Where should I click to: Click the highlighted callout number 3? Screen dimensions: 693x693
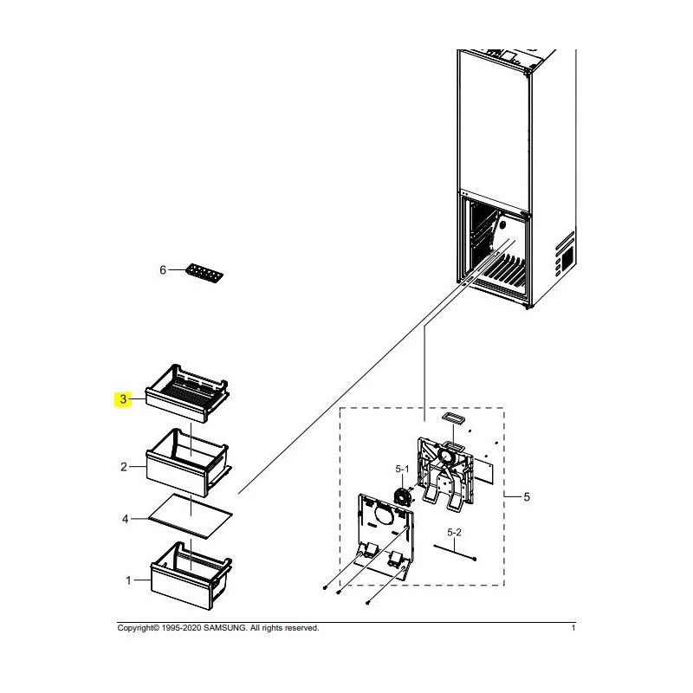click(123, 399)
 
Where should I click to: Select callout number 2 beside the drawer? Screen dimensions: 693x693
click(124, 467)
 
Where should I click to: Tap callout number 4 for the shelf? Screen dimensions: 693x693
click(125, 519)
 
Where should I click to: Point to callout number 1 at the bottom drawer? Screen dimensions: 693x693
click(128, 580)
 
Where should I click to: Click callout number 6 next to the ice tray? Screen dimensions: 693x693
click(163, 269)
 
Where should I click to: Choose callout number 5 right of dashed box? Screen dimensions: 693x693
click(527, 496)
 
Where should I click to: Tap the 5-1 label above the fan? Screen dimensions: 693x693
click(402, 469)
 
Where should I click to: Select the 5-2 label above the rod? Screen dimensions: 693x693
click(454, 532)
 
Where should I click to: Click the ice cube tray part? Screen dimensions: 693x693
click(204, 273)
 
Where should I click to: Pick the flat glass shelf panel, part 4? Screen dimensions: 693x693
click(191, 515)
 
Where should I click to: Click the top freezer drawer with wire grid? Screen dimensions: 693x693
click(187, 393)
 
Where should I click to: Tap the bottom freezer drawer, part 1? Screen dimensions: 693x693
click(191, 575)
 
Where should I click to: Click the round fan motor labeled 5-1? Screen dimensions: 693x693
click(402, 495)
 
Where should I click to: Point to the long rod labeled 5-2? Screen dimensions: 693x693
click(455, 553)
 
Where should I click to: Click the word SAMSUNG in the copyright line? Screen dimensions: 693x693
click(225, 627)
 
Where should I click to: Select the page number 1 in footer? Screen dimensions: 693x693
click(573, 627)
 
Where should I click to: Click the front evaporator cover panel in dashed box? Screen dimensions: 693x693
click(385, 534)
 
